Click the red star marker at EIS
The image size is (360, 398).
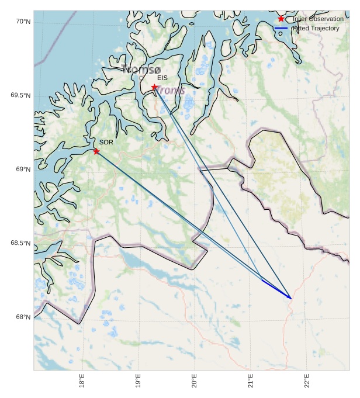pyautogui.click(x=154, y=87)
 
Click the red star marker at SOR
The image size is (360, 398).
pyautogui.click(x=96, y=151)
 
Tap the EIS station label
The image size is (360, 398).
pyautogui.click(x=162, y=78)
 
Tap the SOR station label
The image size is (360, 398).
pyautogui.click(x=106, y=142)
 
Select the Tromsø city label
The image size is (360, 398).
pyautogui.click(x=141, y=69)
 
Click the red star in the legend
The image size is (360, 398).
pyautogui.click(x=281, y=19)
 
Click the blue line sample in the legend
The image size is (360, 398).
pyautogui.click(x=281, y=28)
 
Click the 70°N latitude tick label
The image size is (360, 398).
pyautogui.click(x=23, y=22)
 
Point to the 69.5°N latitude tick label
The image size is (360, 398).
pyautogui.click(x=20, y=96)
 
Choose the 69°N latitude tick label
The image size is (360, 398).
pyautogui.click(x=23, y=169)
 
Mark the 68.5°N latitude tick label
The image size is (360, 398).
pyautogui.click(x=20, y=243)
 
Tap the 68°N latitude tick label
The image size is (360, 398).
pyautogui.click(x=23, y=317)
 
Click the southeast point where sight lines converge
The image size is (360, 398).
pyautogui.click(x=290, y=298)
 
